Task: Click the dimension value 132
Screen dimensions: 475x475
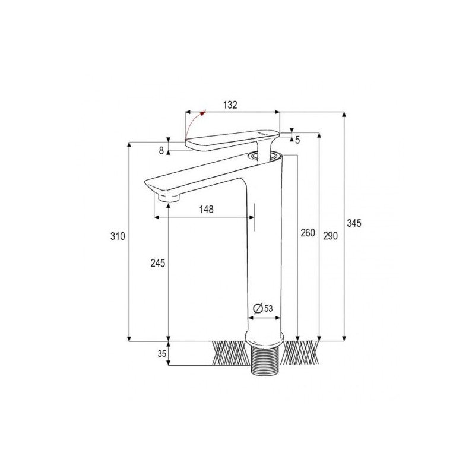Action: tap(230, 105)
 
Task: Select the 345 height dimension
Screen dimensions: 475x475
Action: tap(354, 223)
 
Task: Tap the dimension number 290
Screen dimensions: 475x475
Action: tap(330, 236)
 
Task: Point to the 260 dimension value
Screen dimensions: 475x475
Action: tap(308, 233)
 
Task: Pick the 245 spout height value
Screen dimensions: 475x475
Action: tap(157, 262)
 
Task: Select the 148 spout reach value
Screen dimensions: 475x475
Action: tap(206, 210)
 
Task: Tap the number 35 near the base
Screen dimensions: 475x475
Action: tap(161, 353)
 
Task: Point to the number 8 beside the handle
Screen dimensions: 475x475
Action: tap(161, 151)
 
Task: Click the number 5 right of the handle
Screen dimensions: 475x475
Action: tap(297, 140)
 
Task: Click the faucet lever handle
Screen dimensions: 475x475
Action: tap(232, 138)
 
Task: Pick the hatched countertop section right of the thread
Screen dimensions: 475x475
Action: tap(301, 353)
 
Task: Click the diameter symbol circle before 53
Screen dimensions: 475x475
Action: tap(258, 308)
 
